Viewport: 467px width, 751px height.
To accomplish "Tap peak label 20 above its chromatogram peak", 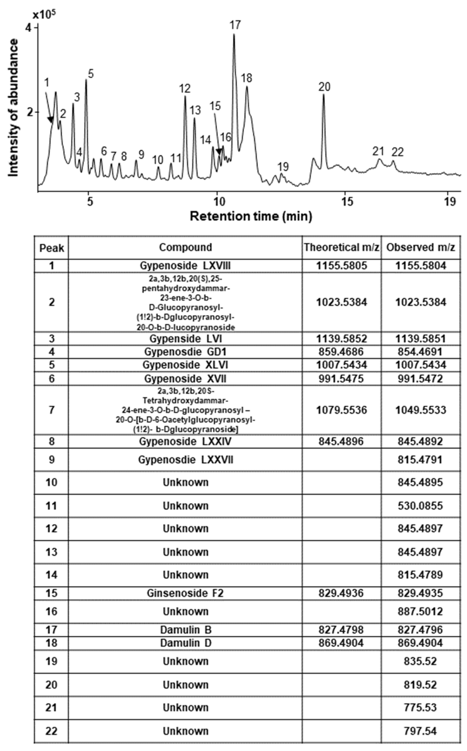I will point(324,87).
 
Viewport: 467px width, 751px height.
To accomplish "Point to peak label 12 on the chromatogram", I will point(185,89).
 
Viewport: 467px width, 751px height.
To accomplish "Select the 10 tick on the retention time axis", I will point(218,202).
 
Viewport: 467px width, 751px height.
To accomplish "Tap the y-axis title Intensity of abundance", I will point(13,108).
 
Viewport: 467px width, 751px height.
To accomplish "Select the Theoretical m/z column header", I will point(341,247).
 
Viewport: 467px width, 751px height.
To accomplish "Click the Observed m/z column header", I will point(421,247).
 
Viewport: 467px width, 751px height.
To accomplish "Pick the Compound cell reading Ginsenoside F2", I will point(185,593).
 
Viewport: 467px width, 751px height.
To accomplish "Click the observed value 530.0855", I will point(420,506).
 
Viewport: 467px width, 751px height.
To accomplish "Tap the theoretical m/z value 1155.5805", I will point(341,266).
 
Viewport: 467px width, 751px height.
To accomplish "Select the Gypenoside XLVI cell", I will point(185,365).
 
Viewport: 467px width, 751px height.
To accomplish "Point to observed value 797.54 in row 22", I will point(420,731).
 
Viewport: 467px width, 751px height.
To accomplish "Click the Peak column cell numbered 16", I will point(51,611).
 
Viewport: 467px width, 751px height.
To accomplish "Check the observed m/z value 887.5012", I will point(420,611).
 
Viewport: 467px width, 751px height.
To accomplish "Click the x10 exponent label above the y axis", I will point(42,15).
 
